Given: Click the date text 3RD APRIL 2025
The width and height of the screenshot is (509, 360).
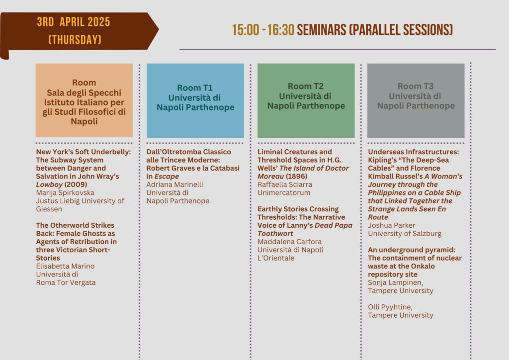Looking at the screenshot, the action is (x=74, y=22).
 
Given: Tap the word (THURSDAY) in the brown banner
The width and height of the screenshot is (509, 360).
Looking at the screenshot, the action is (x=75, y=40).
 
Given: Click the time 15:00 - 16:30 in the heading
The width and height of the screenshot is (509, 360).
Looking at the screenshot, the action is (x=263, y=30).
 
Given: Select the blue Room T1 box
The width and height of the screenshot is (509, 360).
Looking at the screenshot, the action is (x=195, y=100).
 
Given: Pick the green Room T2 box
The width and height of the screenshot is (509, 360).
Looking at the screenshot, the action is (x=306, y=100).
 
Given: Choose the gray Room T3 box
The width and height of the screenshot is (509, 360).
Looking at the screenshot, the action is (x=416, y=100).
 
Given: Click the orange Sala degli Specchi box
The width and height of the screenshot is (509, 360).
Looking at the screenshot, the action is (x=84, y=100).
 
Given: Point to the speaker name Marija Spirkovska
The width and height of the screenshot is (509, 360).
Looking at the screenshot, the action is (x=65, y=193).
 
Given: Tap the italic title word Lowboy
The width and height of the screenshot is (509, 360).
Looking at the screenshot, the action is (x=49, y=184).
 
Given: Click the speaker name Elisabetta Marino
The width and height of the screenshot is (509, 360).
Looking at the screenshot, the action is (x=65, y=266).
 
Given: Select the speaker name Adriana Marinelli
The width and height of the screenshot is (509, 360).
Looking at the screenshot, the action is (x=174, y=184).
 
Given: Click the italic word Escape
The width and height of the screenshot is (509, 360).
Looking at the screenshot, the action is (x=167, y=177).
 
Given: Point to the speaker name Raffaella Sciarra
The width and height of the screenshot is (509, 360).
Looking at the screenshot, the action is (x=285, y=184).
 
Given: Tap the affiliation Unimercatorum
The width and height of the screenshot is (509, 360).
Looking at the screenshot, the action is (x=284, y=193).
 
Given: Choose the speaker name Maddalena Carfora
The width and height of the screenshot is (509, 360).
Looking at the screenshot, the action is (x=290, y=242).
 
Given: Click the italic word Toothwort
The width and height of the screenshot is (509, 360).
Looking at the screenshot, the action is (x=275, y=234).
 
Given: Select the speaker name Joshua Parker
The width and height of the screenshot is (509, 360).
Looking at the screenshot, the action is (x=392, y=225).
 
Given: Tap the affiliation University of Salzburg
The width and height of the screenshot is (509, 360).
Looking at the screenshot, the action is (x=405, y=234).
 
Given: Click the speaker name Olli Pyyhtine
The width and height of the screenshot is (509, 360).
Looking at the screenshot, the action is (x=390, y=307).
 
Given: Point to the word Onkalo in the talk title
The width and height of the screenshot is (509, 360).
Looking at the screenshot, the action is (x=422, y=266).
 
